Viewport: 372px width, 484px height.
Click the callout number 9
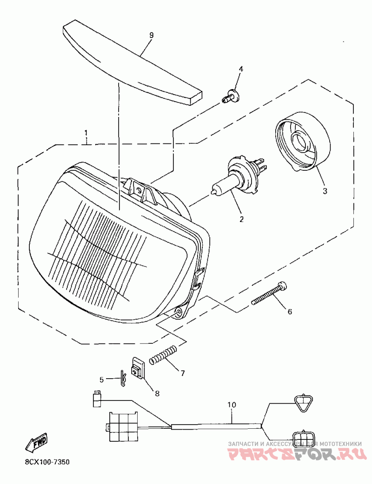151,35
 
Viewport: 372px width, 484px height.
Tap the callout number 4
241,69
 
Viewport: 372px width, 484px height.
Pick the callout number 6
290,312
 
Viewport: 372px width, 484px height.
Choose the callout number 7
183,373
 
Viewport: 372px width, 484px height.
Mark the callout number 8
157,394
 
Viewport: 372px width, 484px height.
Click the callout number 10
231,405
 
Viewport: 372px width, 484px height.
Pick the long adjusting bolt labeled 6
269,295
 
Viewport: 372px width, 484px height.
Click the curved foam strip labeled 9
133,63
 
